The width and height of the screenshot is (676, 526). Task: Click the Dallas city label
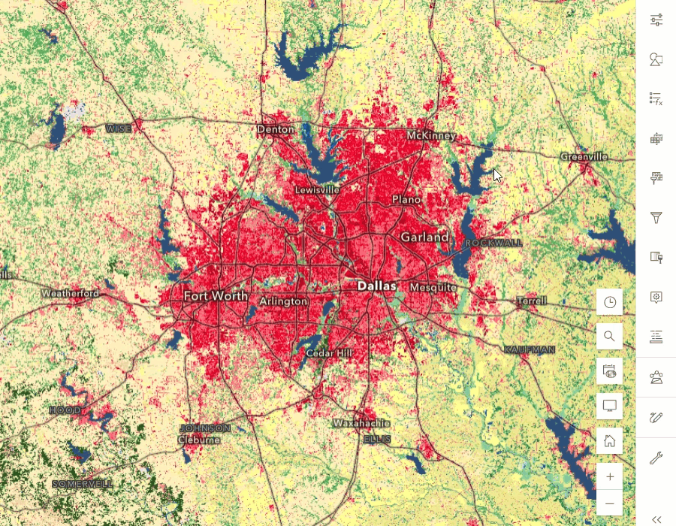click(x=376, y=286)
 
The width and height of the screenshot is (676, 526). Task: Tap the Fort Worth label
click(x=216, y=296)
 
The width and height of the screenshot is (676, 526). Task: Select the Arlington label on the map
click(x=283, y=301)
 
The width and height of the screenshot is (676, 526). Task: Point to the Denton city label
click(x=276, y=129)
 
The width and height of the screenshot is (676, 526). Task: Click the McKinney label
click(x=431, y=136)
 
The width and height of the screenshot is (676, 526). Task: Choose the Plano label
click(x=406, y=200)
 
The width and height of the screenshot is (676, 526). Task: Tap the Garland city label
click(x=424, y=237)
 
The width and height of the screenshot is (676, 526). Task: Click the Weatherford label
click(x=70, y=293)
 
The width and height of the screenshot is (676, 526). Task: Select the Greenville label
click(x=584, y=157)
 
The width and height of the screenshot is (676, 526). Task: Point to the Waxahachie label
click(x=361, y=423)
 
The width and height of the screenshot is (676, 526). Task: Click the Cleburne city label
click(x=199, y=439)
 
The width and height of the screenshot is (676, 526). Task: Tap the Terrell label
click(x=532, y=301)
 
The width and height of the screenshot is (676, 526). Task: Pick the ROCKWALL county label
click(x=493, y=243)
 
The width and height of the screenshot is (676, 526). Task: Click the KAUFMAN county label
click(x=530, y=350)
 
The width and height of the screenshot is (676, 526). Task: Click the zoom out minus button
click(x=610, y=503)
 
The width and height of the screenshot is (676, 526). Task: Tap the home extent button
click(x=610, y=440)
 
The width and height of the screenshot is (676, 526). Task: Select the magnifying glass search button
click(x=610, y=337)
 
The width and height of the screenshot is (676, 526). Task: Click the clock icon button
click(x=610, y=302)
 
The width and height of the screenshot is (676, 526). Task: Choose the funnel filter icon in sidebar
click(x=656, y=218)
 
